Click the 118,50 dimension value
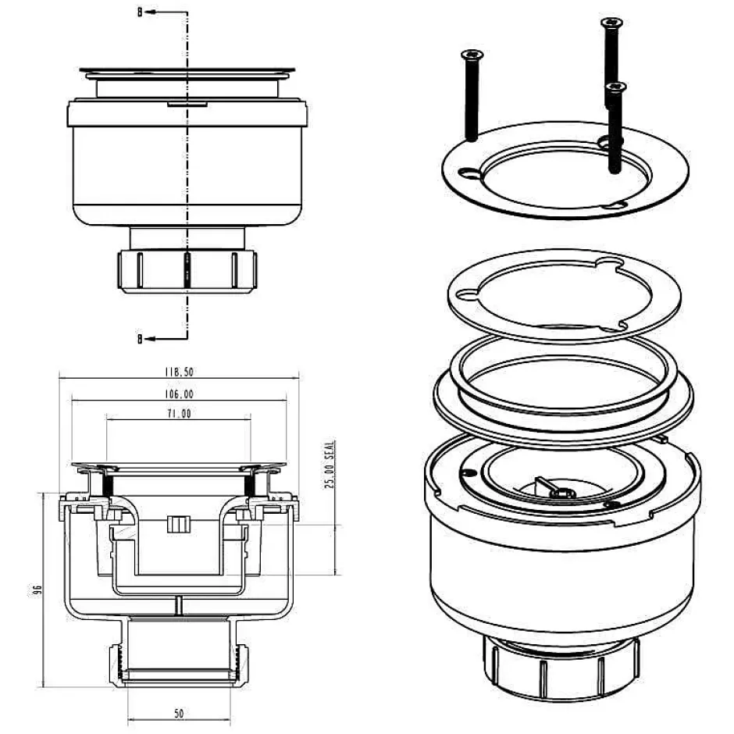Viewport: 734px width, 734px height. pos(179,372)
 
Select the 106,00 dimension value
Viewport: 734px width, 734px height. pos(179,394)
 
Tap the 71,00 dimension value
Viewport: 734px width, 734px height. pos(180,414)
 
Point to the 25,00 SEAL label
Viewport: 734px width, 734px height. pos(330,465)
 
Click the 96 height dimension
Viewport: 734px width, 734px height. pos(38,590)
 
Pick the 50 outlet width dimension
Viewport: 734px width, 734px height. pos(179,714)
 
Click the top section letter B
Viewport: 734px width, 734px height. pos(140,12)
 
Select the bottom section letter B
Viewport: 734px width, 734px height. pos(140,338)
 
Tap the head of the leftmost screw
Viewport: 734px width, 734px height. pos(472,55)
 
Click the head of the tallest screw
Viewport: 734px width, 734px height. pos(611,22)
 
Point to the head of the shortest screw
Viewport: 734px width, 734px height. pos(615,87)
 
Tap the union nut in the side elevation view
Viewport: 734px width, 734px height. pos(187,272)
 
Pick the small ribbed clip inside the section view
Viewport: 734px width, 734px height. pos(179,524)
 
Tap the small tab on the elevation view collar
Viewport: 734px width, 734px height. pos(187,103)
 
